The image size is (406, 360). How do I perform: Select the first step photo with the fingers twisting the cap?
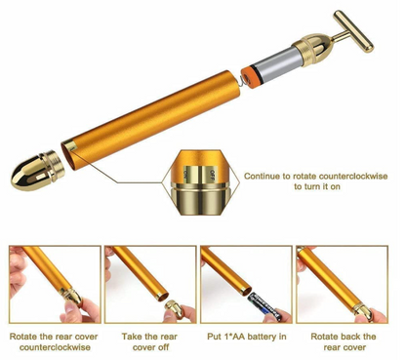click(53, 284)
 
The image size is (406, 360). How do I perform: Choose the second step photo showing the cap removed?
click(148, 284)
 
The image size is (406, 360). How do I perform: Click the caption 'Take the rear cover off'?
click(148, 340)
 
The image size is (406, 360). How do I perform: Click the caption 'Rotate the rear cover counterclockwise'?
click(53, 340)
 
